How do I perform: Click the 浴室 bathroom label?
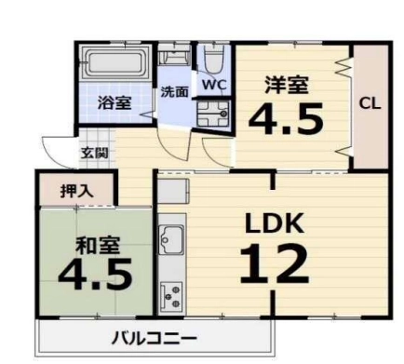point(114,103)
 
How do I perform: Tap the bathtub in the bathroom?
point(114,64)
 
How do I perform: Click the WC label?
point(214,85)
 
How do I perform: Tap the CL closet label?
point(370,103)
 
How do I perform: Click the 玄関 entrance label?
point(95,153)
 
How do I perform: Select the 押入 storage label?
point(76,191)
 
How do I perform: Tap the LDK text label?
point(275,223)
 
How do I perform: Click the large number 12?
point(275,264)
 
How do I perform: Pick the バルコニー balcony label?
point(155,339)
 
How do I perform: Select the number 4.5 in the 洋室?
point(286,117)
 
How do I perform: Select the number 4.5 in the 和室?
point(95,274)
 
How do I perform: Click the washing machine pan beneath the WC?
point(213,114)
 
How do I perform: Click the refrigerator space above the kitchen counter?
point(173,191)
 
